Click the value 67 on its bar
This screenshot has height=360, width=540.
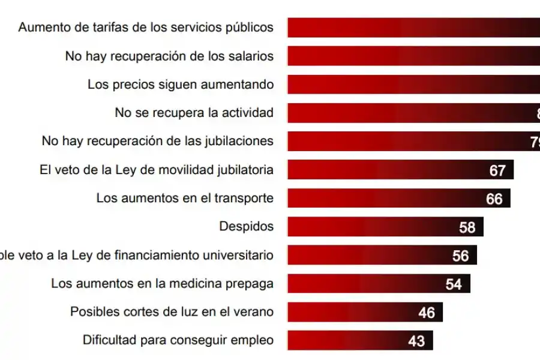coord(497,170)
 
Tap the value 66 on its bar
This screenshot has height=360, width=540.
coord(494,199)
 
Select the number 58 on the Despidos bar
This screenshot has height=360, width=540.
coord(467,227)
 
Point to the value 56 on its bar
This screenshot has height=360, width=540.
coord(460,256)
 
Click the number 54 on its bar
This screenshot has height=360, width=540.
coord(454,284)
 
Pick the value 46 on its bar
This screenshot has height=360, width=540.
coord(426,313)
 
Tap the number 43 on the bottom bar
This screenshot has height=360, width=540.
coord(416,341)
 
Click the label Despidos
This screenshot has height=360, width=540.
coord(247,227)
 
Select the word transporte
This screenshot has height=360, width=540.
coord(246,198)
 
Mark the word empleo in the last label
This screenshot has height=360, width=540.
coord(253,340)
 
